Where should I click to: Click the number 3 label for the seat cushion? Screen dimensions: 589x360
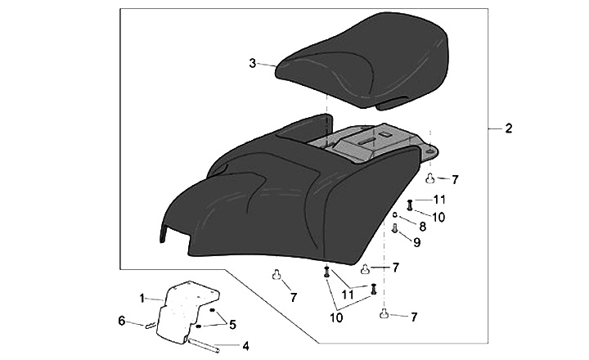pyautogui.click(x=253, y=62)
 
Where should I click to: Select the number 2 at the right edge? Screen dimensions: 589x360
pyautogui.click(x=508, y=128)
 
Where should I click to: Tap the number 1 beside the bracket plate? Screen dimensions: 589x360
pyautogui.click(x=142, y=296)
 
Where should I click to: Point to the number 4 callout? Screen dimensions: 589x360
pyautogui.click(x=245, y=346)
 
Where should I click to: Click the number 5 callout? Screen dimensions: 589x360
pyautogui.click(x=232, y=324)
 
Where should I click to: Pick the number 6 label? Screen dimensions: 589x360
pyautogui.click(x=122, y=321)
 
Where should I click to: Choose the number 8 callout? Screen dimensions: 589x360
pyautogui.click(x=423, y=226)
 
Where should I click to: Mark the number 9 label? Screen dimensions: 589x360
pyautogui.click(x=416, y=242)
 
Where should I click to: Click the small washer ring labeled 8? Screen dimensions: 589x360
pyautogui.click(x=395, y=215)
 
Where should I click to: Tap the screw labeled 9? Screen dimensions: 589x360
pyautogui.click(x=396, y=231)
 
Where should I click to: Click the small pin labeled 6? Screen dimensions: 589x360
pyautogui.click(x=151, y=326)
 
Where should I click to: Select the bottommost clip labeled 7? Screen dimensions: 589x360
pyautogui.click(x=383, y=313)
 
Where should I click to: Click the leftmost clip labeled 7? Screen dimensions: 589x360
pyautogui.click(x=277, y=274)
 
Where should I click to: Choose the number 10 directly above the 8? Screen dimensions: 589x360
pyautogui.click(x=438, y=217)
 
